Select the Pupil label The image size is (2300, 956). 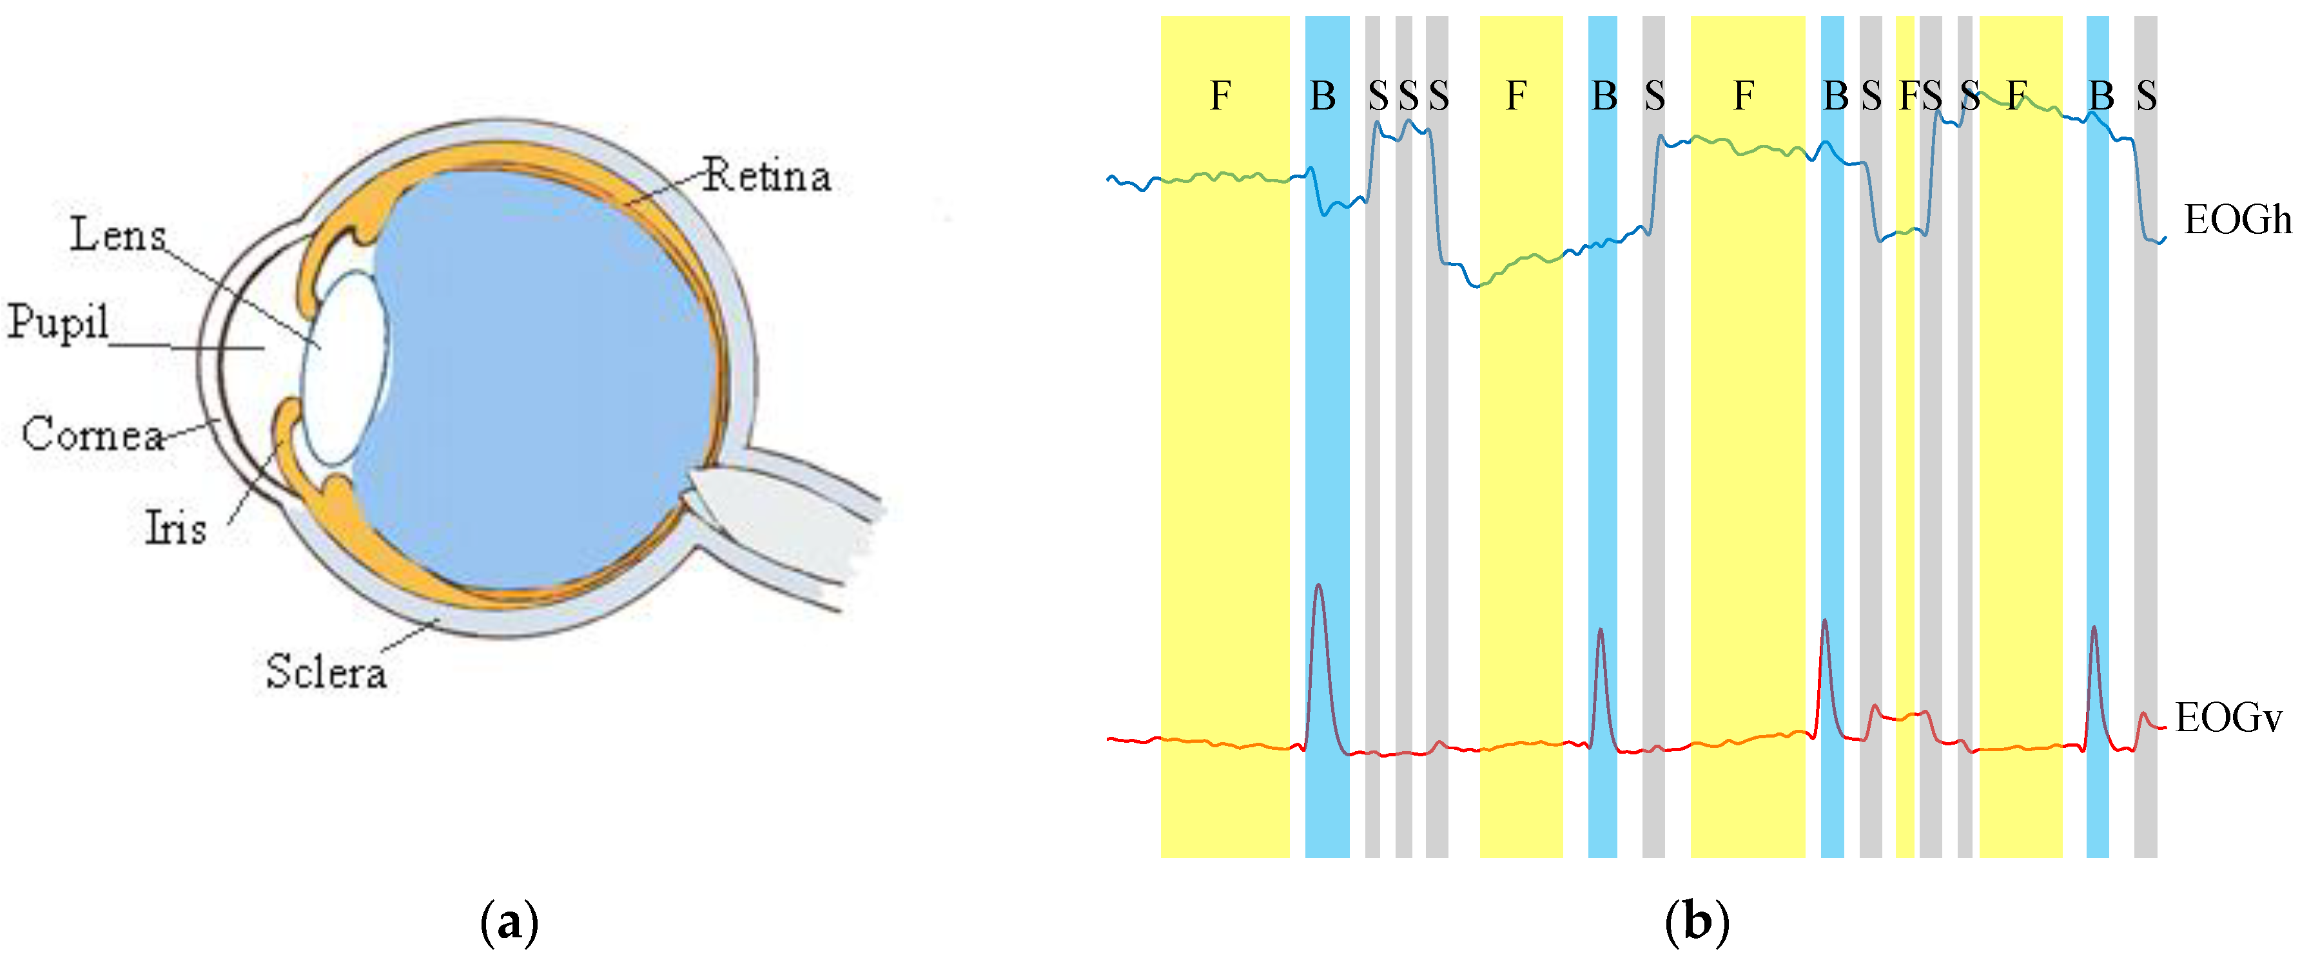click(x=58, y=321)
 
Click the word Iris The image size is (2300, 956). click(x=176, y=528)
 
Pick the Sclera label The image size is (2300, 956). click(x=326, y=671)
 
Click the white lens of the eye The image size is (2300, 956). click(x=344, y=366)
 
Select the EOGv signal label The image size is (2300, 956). click(x=2228, y=717)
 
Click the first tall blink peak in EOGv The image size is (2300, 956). click(x=1319, y=589)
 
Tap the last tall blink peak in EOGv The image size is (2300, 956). click(x=2094, y=630)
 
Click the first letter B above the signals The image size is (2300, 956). click(x=1322, y=95)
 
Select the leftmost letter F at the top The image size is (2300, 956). click(x=1220, y=95)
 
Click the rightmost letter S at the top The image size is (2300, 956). click(x=2147, y=95)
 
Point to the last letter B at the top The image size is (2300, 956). click(x=2101, y=95)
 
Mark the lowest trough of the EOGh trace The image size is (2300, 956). click(x=1477, y=285)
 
